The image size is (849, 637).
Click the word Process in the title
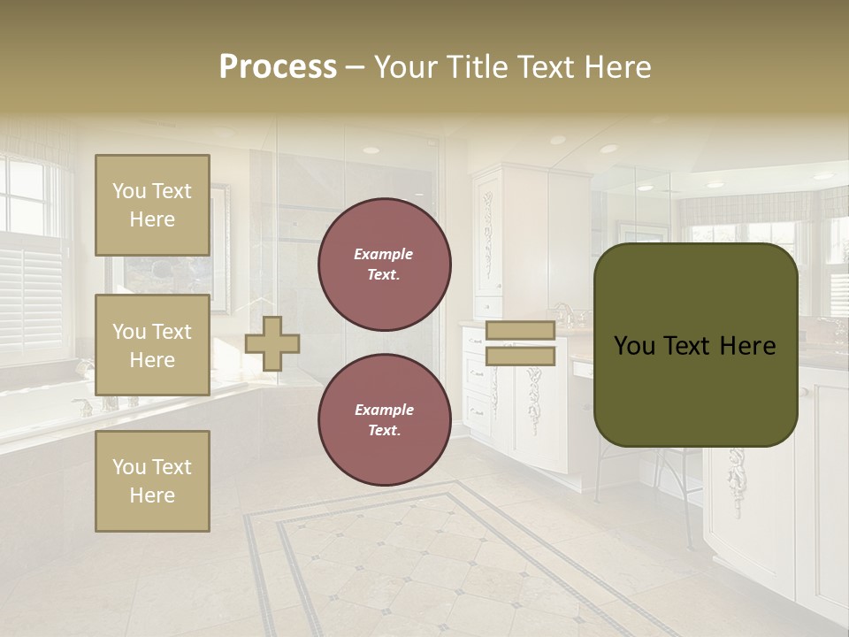click(x=278, y=67)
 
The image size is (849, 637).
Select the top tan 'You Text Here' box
click(x=152, y=205)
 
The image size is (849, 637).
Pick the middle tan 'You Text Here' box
click(x=152, y=345)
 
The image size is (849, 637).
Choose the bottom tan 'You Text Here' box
click(x=152, y=481)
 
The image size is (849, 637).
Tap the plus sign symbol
click(x=272, y=343)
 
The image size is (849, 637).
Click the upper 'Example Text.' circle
click(x=385, y=265)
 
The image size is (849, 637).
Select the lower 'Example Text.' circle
click(x=385, y=420)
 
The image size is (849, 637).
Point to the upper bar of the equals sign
click(x=520, y=331)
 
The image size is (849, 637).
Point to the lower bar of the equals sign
click(x=520, y=357)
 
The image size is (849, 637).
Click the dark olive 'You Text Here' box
click(x=695, y=345)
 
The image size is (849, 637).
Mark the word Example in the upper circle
click(x=383, y=254)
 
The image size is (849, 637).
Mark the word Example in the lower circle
click(x=383, y=410)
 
